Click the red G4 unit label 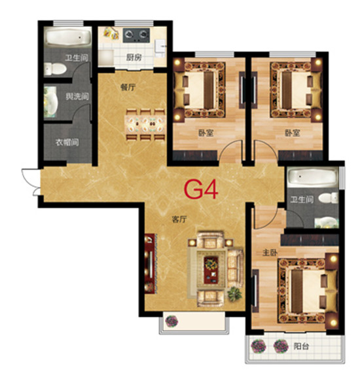pos(201,189)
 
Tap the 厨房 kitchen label pos(134,58)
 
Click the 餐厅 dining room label pos(128,87)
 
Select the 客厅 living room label pos(179,219)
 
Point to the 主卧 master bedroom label pos(270,253)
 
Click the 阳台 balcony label pos(301,346)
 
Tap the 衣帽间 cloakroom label pos(67,142)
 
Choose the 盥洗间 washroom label pos(77,96)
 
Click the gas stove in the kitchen pos(136,35)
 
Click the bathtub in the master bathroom pos(312,177)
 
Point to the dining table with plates pos(145,125)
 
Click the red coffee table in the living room pos(211,270)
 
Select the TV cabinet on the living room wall pos(149,263)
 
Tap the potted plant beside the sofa pos(234,293)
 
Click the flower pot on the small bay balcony pos(171,321)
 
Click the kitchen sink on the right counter pos(160,46)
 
